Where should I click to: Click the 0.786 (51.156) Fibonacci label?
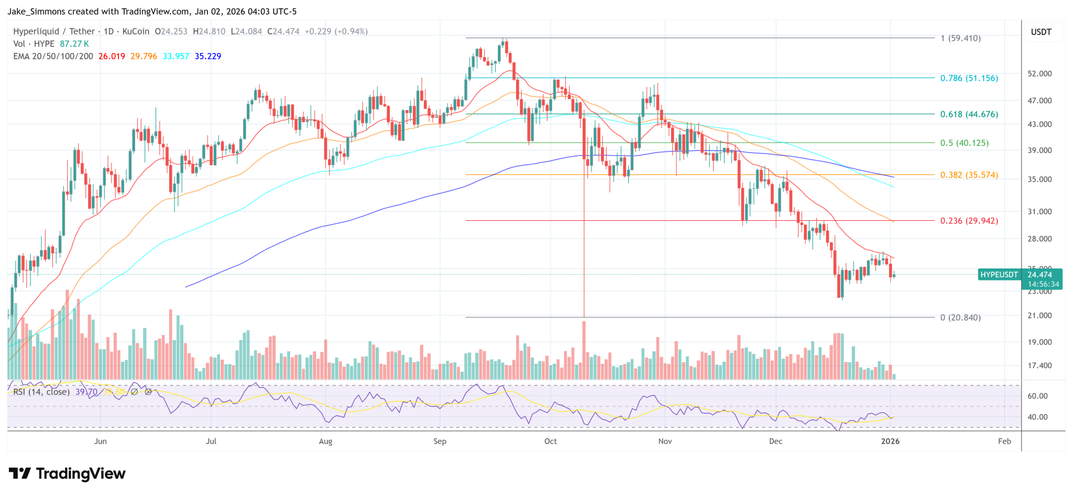[x=969, y=78]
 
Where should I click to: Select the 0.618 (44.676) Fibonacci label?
[x=969, y=114]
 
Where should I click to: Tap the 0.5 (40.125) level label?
[x=964, y=143]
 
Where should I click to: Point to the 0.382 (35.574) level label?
[x=969, y=175]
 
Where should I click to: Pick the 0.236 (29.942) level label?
[x=969, y=221]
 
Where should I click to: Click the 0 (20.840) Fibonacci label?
[x=960, y=317]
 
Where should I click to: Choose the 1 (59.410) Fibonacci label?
[x=960, y=38]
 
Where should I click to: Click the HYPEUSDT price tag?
[x=999, y=275]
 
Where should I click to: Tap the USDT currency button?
[x=1041, y=32]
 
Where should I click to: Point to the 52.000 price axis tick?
[x=1039, y=74]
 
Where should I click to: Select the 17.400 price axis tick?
[x=1039, y=365]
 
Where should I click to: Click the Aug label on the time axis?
[x=325, y=441]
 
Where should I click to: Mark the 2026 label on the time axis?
[x=890, y=441]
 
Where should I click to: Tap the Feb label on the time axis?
[x=1004, y=441]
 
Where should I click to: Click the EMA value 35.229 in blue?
[x=208, y=56]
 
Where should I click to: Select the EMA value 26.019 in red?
[x=112, y=56]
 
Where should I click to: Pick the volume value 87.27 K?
[x=74, y=44]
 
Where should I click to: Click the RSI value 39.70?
[x=86, y=392]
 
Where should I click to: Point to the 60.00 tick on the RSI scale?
[x=1037, y=396]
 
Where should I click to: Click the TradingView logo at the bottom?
[x=67, y=474]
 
